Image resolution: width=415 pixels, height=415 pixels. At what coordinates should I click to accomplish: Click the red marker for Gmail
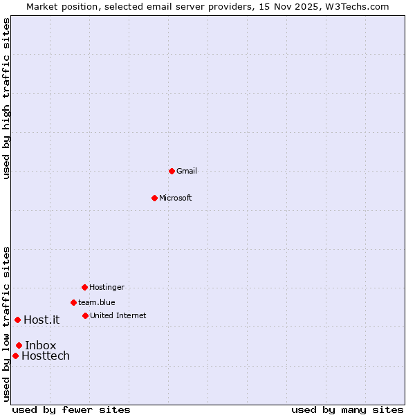172,171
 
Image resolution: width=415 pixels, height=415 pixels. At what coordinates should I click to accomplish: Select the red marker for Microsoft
154,198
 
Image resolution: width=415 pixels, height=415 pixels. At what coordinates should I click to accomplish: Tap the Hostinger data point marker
84,287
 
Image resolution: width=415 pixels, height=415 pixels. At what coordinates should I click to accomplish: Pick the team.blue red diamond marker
73,302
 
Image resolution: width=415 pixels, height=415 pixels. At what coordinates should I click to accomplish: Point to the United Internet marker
85,315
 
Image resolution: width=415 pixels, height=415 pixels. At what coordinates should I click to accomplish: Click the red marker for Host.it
17,320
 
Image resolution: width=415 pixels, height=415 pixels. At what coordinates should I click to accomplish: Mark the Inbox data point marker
19,345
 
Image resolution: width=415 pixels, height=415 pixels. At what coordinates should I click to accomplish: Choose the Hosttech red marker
15,356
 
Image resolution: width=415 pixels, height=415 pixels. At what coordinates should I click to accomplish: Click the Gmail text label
187,171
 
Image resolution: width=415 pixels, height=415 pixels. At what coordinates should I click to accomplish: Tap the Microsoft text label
176,198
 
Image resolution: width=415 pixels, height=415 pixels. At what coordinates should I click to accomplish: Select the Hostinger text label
107,287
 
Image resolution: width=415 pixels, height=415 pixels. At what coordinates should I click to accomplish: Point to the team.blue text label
97,302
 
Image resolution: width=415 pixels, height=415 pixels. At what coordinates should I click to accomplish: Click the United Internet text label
118,315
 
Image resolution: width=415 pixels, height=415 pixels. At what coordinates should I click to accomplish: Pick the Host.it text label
41,320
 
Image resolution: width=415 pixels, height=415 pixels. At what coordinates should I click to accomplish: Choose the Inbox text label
41,345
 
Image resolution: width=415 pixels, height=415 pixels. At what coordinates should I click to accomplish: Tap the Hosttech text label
46,356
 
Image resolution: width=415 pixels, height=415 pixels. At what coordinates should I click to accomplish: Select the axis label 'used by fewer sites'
71,409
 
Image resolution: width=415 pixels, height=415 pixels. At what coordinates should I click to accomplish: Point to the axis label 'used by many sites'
347,409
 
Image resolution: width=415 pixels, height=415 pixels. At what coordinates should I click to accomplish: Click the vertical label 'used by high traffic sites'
6,98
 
